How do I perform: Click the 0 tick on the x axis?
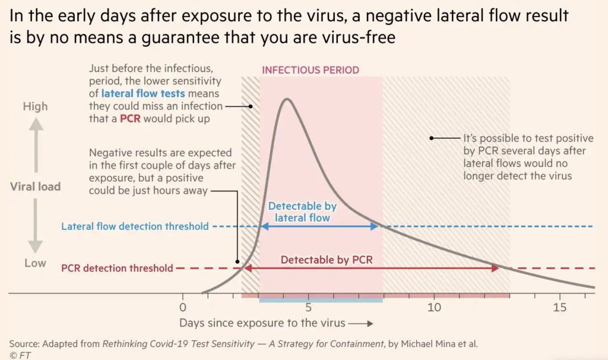point(183,308)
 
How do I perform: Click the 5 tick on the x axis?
point(308,308)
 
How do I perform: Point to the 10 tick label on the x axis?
point(434,308)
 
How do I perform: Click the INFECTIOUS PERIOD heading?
point(311,70)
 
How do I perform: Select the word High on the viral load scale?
point(35,107)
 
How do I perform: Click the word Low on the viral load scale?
point(35,263)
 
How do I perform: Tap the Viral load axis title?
point(35,187)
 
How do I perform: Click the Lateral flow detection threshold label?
point(135,226)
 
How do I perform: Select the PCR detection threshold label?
point(117,268)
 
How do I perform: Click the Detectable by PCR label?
point(326,260)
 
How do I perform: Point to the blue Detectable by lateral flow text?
point(302,212)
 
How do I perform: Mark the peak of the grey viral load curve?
point(287,99)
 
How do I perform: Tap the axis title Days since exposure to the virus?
point(262,323)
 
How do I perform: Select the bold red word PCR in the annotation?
point(129,119)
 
